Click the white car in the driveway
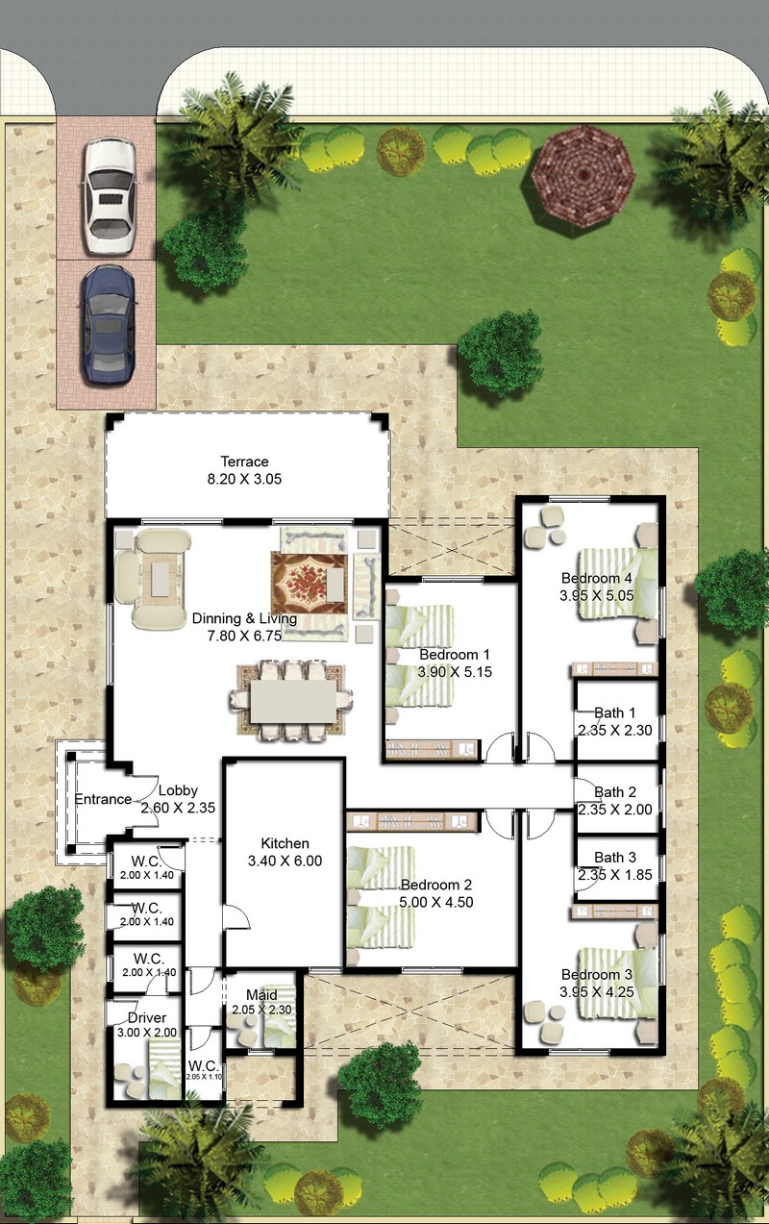110,196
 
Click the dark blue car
108,325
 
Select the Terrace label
245,462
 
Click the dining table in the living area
294,701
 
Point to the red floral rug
310,584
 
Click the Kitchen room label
285,843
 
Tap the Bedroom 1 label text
455,655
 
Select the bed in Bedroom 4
618,584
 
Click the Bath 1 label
615,712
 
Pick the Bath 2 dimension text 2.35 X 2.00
615,810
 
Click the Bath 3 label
615,858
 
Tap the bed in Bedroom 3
618,984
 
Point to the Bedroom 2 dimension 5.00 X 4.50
435,902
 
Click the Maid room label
261,995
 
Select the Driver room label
147,1018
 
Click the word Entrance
103,799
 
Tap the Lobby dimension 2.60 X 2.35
178,808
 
